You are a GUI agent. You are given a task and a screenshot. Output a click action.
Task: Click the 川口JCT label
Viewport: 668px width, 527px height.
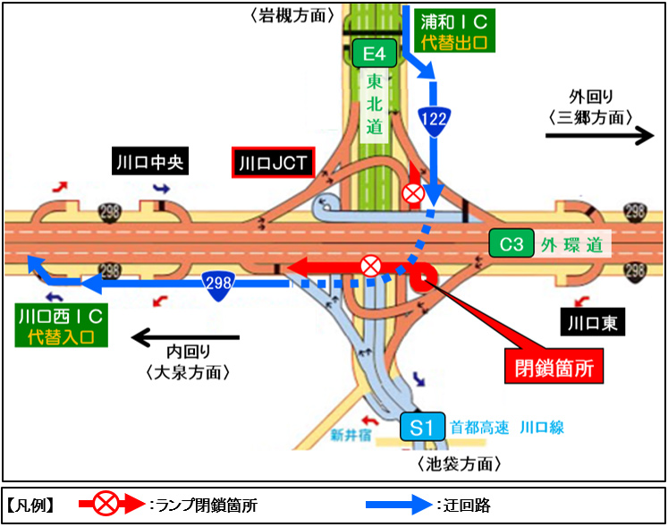(273, 163)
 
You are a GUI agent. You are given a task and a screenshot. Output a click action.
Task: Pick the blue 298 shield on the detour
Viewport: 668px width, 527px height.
(218, 283)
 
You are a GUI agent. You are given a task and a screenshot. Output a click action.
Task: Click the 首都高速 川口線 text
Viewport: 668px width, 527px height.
(507, 428)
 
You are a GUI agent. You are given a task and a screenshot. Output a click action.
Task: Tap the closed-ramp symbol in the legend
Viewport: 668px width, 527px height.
(107, 505)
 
